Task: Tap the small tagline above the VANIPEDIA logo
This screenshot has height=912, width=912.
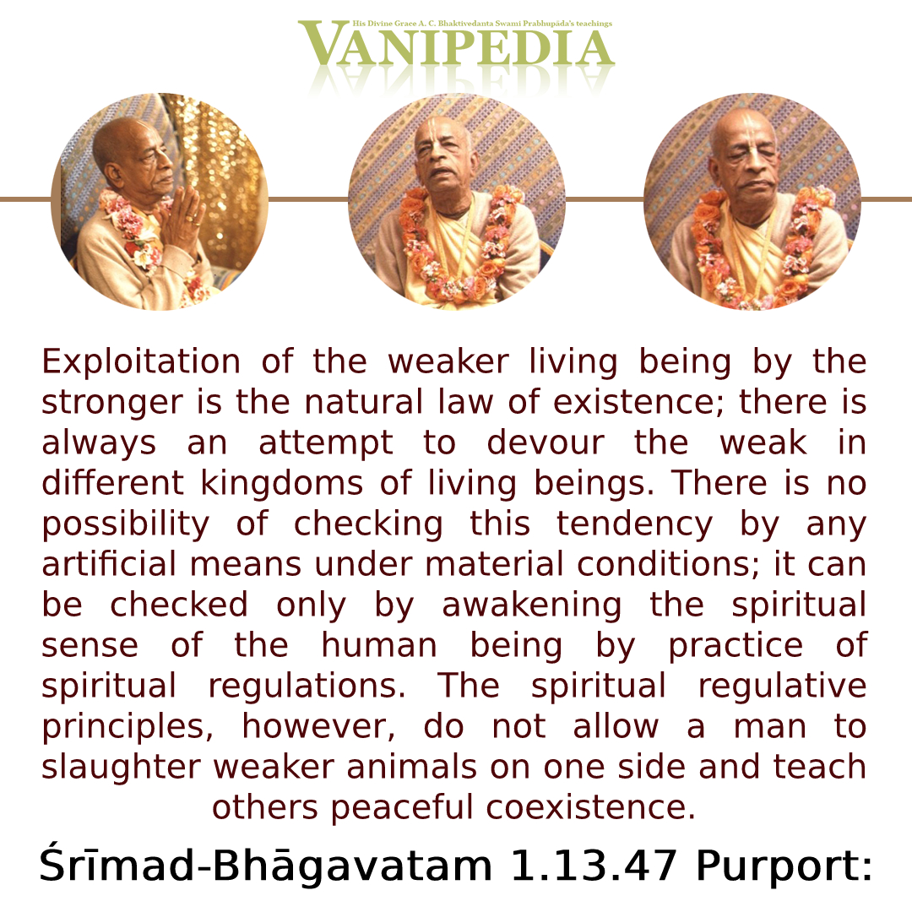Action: click(482, 24)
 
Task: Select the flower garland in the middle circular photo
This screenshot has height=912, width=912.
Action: click(458, 244)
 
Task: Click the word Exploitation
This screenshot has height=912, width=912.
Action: click(141, 361)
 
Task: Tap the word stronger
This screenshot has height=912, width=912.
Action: click(112, 404)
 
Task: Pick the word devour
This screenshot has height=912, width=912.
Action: click(546, 442)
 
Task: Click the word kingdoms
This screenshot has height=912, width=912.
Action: click(282, 485)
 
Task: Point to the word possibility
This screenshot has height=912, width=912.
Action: click(126, 525)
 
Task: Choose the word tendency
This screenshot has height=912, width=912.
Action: click(634, 525)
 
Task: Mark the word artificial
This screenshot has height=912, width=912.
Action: click(109, 564)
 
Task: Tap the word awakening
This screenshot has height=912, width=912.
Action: click(532, 606)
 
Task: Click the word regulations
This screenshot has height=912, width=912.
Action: click(307, 687)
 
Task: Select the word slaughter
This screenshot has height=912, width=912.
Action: click(121, 768)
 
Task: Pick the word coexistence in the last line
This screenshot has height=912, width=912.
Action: click(590, 808)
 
